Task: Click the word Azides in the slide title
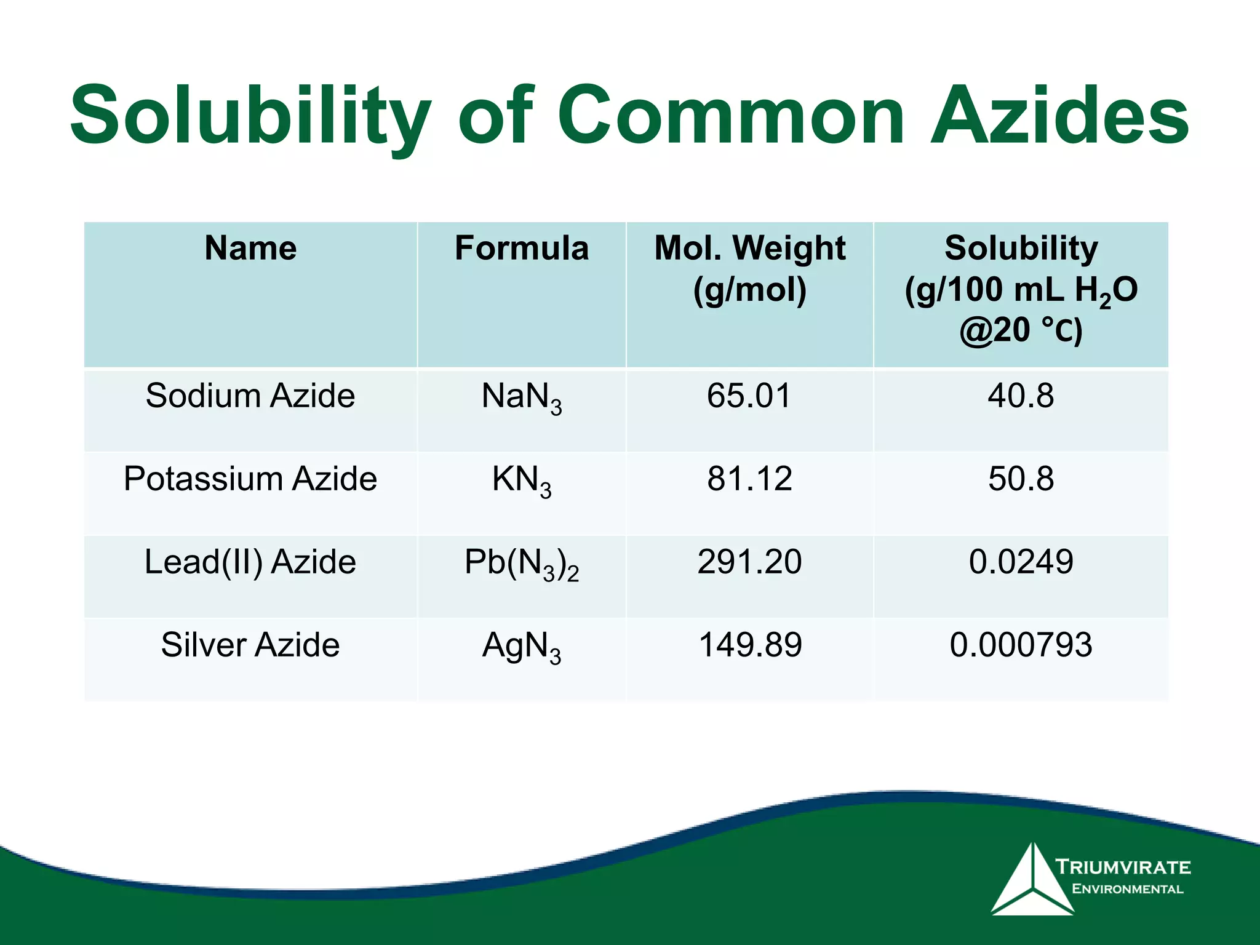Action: click(1059, 116)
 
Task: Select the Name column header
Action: click(250, 248)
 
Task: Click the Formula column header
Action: click(522, 248)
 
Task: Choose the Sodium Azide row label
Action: click(250, 395)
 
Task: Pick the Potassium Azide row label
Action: click(250, 478)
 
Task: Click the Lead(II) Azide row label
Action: click(250, 561)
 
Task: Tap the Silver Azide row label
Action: click(250, 645)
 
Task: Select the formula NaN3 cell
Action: click(522, 397)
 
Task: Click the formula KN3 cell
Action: click(522, 480)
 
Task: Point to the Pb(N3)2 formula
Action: click(522, 563)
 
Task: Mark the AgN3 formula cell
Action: click(522, 647)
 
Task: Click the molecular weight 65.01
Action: click(749, 395)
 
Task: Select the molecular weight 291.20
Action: click(749, 561)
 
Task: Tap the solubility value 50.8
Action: click(1021, 478)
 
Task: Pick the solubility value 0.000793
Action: click(1021, 645)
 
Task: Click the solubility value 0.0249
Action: click(1021, 561)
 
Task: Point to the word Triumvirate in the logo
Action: click(1123, 867)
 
